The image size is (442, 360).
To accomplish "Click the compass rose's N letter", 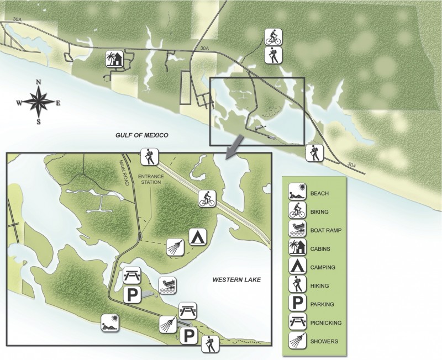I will tap(39, 82).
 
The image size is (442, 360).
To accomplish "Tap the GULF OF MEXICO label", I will tap(141, 135).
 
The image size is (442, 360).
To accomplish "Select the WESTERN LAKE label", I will tap(236, 280).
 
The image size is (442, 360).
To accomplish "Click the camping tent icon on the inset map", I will tap(198, 236).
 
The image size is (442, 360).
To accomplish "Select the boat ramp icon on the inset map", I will tap(167, 286).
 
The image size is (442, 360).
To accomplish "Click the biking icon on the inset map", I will tap(207, 199).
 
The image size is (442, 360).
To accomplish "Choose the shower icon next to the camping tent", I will tap(175, 247).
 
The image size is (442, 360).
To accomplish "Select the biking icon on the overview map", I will tap(273, 38).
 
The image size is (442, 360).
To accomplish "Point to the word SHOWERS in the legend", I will tap(324, 341).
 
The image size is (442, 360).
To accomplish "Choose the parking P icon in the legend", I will tap(297, 304).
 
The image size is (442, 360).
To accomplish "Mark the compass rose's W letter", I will tap(19, 102).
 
